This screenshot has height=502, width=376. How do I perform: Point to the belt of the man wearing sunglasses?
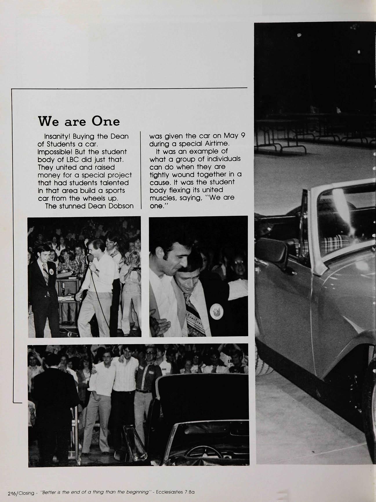pyautogui.click(x=144, y=391)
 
